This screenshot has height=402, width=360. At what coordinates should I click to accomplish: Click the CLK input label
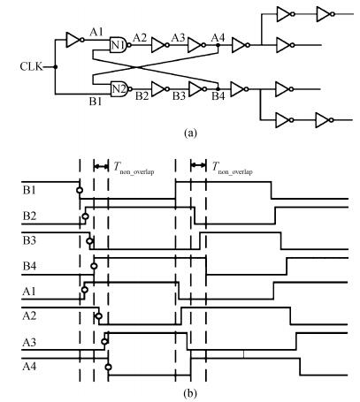(31, 67)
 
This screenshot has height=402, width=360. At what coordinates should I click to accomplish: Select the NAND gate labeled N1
(120, 45)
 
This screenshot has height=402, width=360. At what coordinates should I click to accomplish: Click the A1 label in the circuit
(96, 32)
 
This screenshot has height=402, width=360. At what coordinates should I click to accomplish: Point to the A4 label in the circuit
(218, 37)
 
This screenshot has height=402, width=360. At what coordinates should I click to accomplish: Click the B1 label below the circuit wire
(96, 102)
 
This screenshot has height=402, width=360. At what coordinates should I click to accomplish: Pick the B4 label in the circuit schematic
(218, 96)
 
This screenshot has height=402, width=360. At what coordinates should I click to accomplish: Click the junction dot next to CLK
(55, 67)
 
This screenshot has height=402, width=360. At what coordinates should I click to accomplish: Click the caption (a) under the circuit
(190, 133)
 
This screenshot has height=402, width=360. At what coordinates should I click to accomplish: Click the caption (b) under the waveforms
(190, 393)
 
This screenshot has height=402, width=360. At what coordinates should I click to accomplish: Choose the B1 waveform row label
(29, 190)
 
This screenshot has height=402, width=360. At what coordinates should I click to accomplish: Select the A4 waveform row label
(29, 367)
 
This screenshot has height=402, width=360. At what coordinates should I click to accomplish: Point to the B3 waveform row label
(29, 240)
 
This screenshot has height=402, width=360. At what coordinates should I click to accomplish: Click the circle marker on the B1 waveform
(80, 190)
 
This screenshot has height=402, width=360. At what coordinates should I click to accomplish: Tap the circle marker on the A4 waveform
(109, 367)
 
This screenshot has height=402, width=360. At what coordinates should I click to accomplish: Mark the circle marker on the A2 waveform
(99, 316)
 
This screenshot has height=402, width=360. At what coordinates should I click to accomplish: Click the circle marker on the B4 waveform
(94, 266)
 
